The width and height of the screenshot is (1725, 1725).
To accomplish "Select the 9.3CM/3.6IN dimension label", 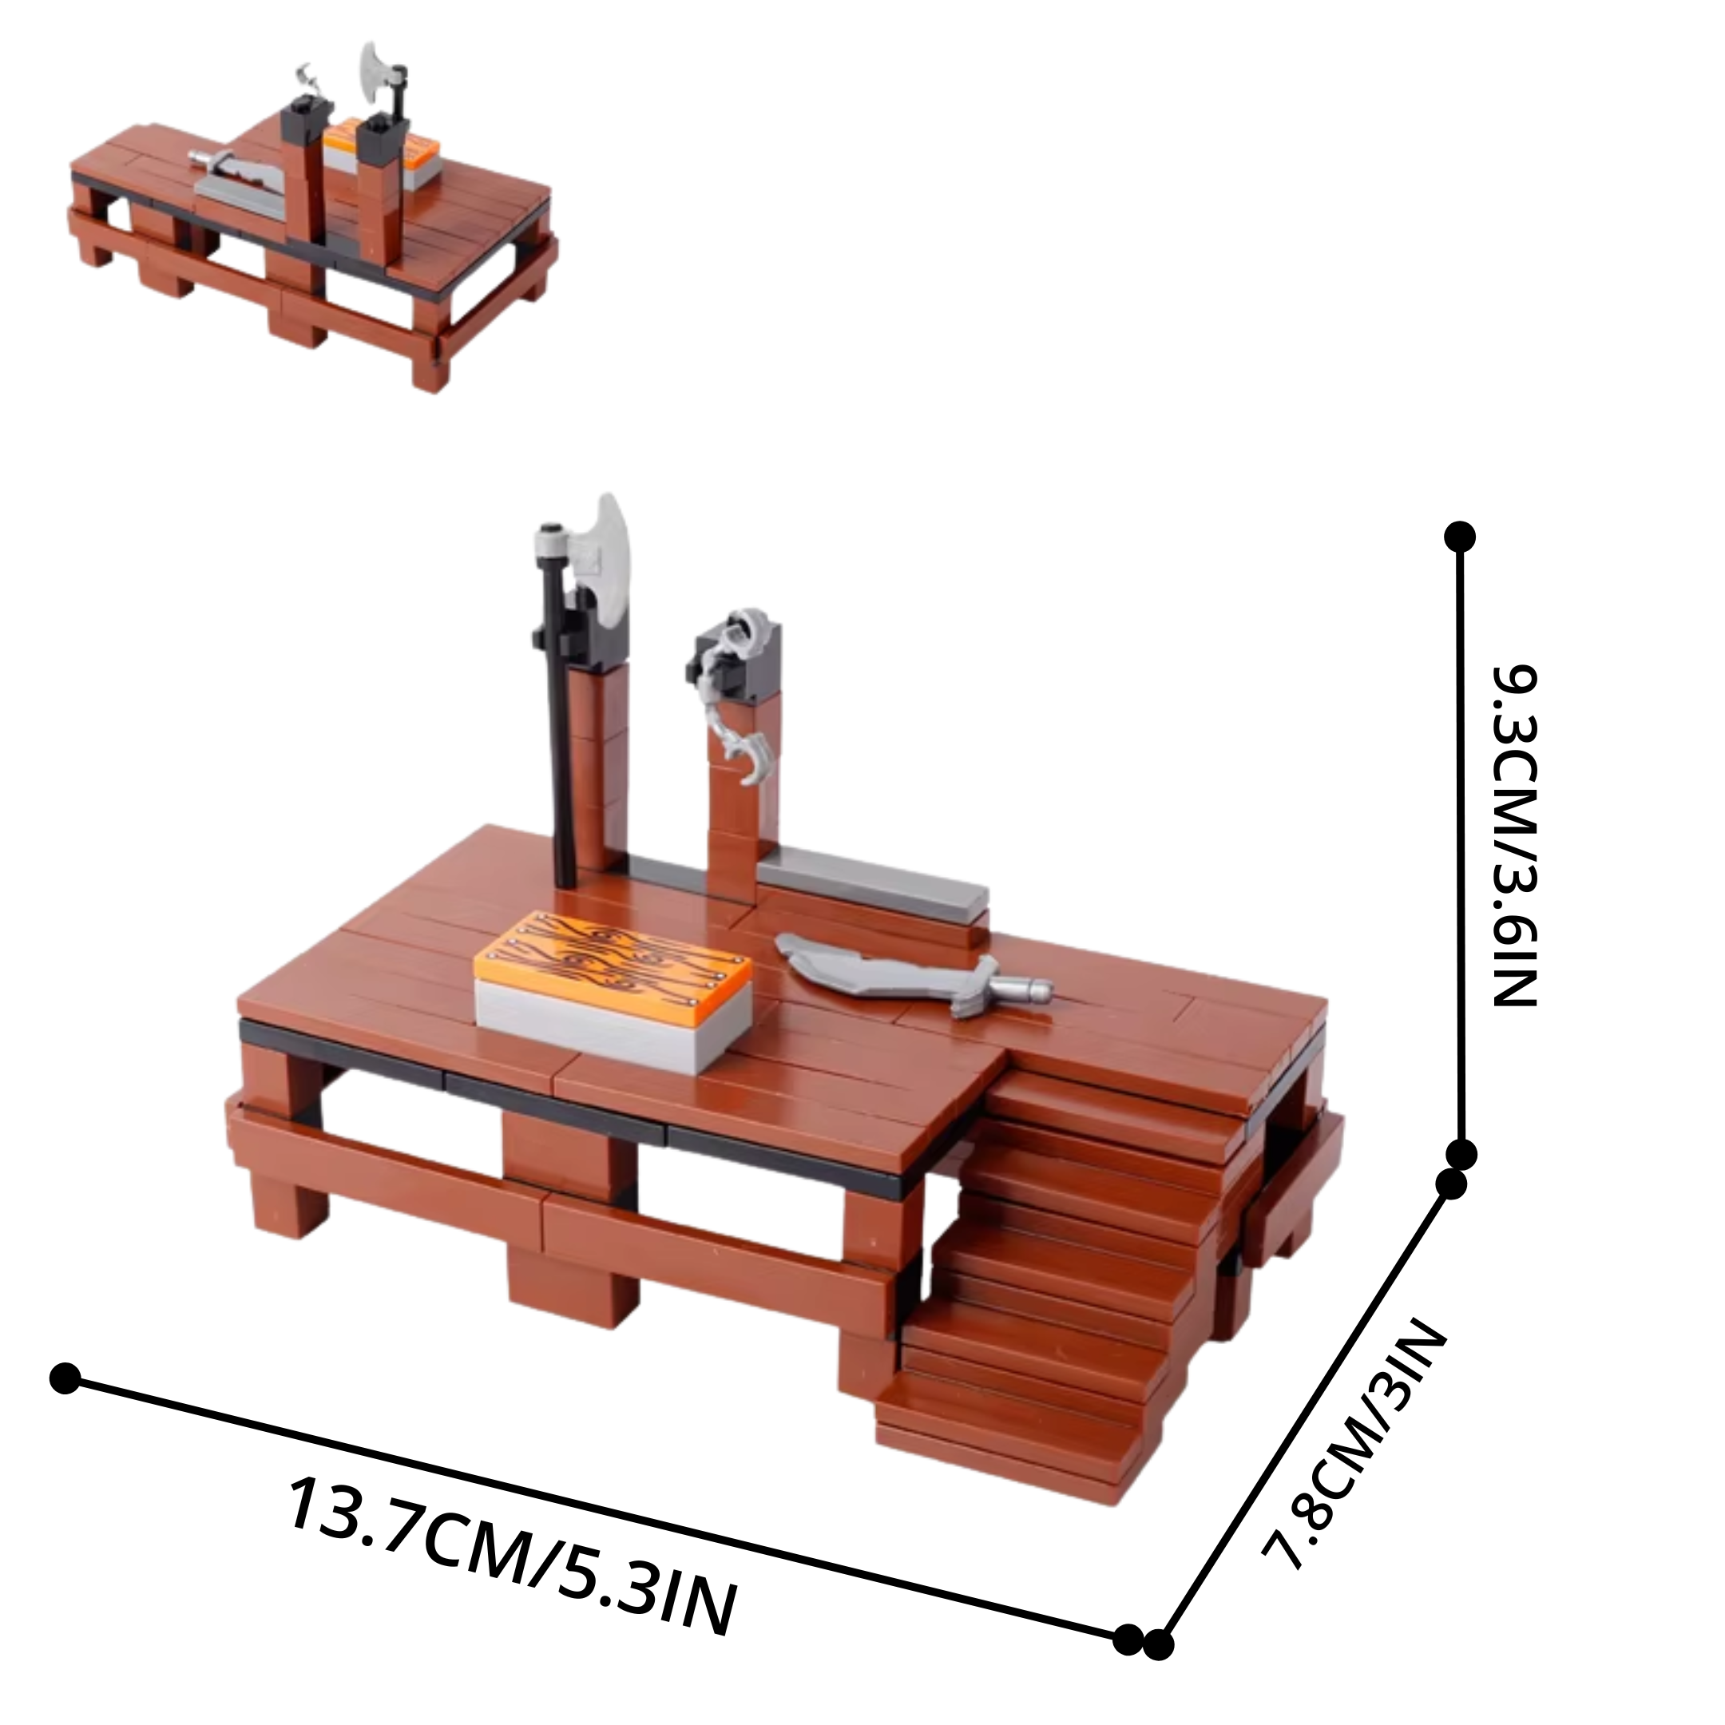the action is point(1514,835).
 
